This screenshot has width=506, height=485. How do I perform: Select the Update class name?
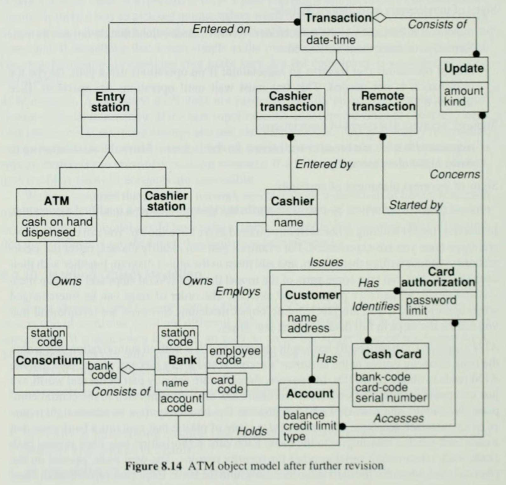tap(463, 68)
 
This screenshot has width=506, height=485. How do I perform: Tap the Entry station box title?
tap(110, 102)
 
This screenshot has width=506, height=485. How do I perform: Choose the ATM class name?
tap(57, 201)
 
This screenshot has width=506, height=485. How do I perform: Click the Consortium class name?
tap(48, 360)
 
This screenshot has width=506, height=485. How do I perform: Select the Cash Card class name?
tap(392, 355)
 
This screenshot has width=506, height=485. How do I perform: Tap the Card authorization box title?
tap(438, 277)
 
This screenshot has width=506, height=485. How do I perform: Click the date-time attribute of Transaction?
tap(331, 40)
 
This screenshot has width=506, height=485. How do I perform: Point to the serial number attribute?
tap(391, 399)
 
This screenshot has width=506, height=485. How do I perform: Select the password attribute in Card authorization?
tap(431, 300)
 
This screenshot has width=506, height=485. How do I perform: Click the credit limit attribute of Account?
tap(310, 426)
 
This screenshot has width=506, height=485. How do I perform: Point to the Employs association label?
tap(238, 291)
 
